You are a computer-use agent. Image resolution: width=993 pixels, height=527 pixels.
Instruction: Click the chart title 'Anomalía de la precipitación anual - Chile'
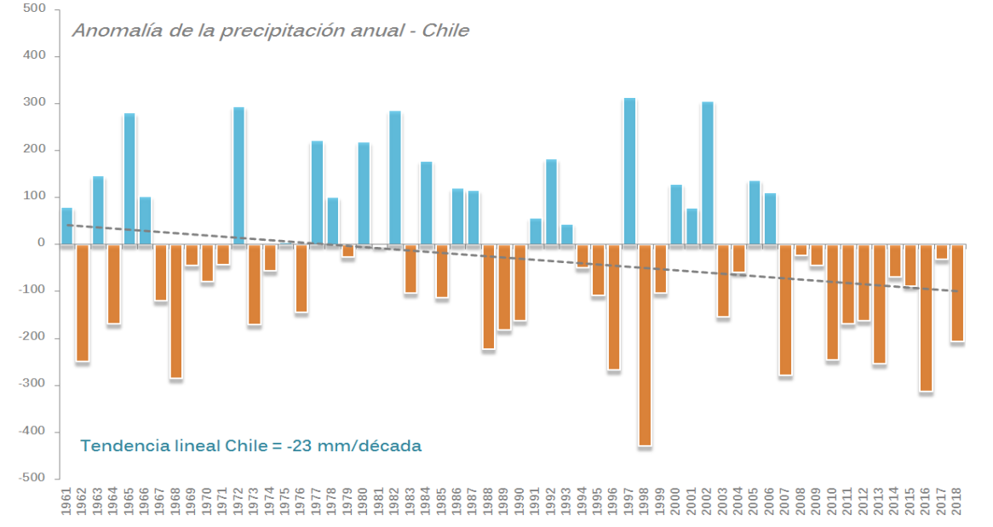tap(271, 31)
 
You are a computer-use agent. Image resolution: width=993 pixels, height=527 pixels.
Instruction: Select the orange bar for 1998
tap(645, 345)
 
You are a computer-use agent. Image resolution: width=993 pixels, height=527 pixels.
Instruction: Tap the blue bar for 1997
tap(629, 171)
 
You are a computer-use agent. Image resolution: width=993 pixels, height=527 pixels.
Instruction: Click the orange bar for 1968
tap(176, 311)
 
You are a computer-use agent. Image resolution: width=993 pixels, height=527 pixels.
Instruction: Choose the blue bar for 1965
tap(129, 179)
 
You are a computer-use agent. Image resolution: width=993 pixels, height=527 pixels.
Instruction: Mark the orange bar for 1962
tap(83, 302)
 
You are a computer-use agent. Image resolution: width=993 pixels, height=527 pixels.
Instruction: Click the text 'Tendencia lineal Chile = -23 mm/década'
tap(251, 446)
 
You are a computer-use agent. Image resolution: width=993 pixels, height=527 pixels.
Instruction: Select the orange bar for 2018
tap(957, 293)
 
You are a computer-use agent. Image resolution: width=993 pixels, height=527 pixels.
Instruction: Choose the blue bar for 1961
tap(67, 226)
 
